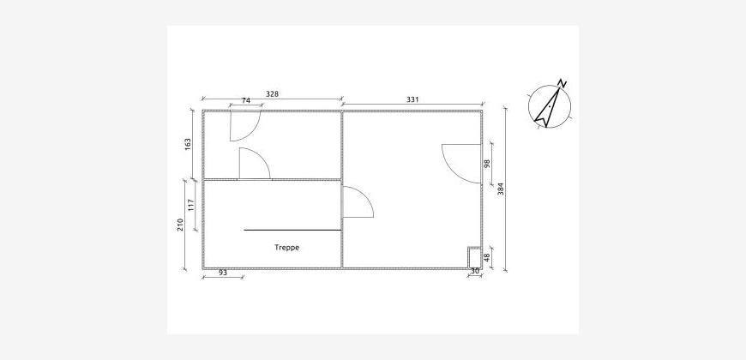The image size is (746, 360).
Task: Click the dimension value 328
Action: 272,94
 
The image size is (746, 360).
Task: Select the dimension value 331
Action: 412,99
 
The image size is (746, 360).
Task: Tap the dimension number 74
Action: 246,100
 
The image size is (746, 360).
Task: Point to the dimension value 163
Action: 188,145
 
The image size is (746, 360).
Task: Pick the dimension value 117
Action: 191,206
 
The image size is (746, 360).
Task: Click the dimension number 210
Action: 180,225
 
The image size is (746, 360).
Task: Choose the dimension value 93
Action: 223,273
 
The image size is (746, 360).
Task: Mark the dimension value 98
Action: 486,164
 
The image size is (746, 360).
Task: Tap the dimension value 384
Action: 500,189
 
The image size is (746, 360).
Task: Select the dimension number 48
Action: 486,258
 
